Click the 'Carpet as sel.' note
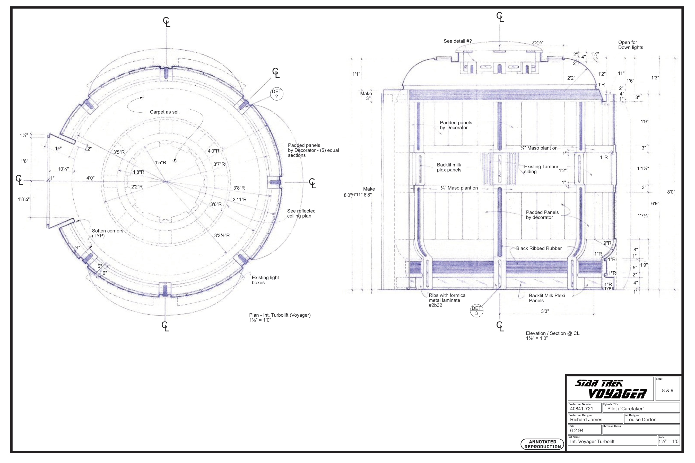[164, 112]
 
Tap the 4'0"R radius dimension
[213, 151]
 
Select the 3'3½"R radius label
[222, 235]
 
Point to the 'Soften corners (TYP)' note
[108, 233]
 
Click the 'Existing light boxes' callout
[265, 280]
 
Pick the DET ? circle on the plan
[276, 94]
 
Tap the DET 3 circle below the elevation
[476, 311]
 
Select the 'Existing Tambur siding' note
[541, 169]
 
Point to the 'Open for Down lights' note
[631, 45]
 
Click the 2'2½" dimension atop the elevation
[537, 42]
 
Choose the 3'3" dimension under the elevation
[545, 311]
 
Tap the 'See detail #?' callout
[458, 41]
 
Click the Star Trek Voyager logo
[610, 389]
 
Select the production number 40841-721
[581, 409]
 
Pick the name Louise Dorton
[641, 420]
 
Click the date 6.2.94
[577, 431]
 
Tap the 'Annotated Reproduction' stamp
[543, 444]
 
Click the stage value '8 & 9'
[667, 390]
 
